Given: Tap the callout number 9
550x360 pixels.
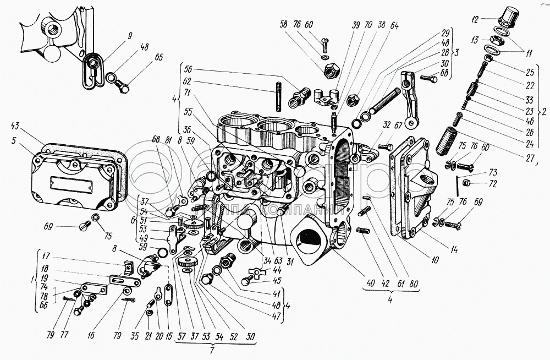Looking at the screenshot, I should tap(130, 36).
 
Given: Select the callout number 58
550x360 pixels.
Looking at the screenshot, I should tap(283, 25).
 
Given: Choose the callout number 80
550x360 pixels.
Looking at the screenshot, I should tap(414, 285).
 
